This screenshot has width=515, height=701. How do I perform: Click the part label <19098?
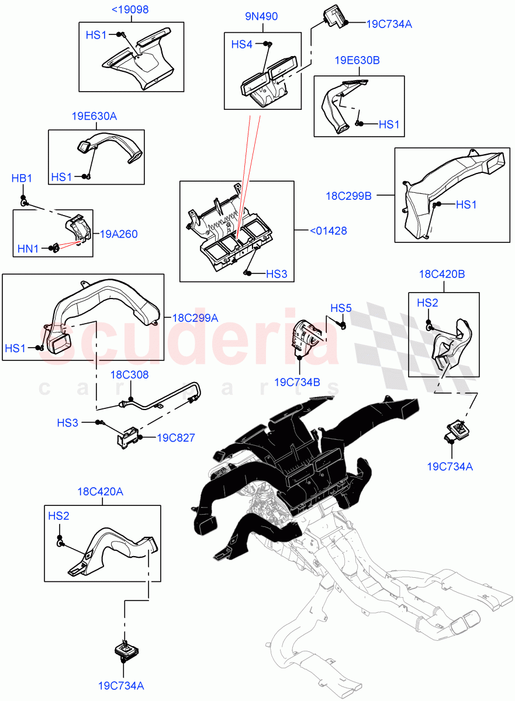click(x=130, y=10)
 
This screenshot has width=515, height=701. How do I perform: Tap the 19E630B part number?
click(x=357, y=61)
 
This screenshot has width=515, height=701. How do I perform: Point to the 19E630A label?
click(x=94, y=116)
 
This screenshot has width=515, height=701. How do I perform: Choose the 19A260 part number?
click(x=119, y=234)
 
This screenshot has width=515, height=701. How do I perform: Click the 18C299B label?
click(x=349, y=195)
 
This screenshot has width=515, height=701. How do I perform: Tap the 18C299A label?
click(x=195, y=318)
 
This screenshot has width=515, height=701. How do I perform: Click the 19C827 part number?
click(x=175, y=437)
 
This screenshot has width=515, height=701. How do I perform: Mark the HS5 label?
click(x=341, y=308)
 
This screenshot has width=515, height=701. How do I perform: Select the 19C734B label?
click(x=297, y=382)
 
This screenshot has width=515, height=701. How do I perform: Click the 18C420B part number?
click(x=442, y=273)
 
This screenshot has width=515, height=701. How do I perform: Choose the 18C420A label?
click(x=100, y=492)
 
